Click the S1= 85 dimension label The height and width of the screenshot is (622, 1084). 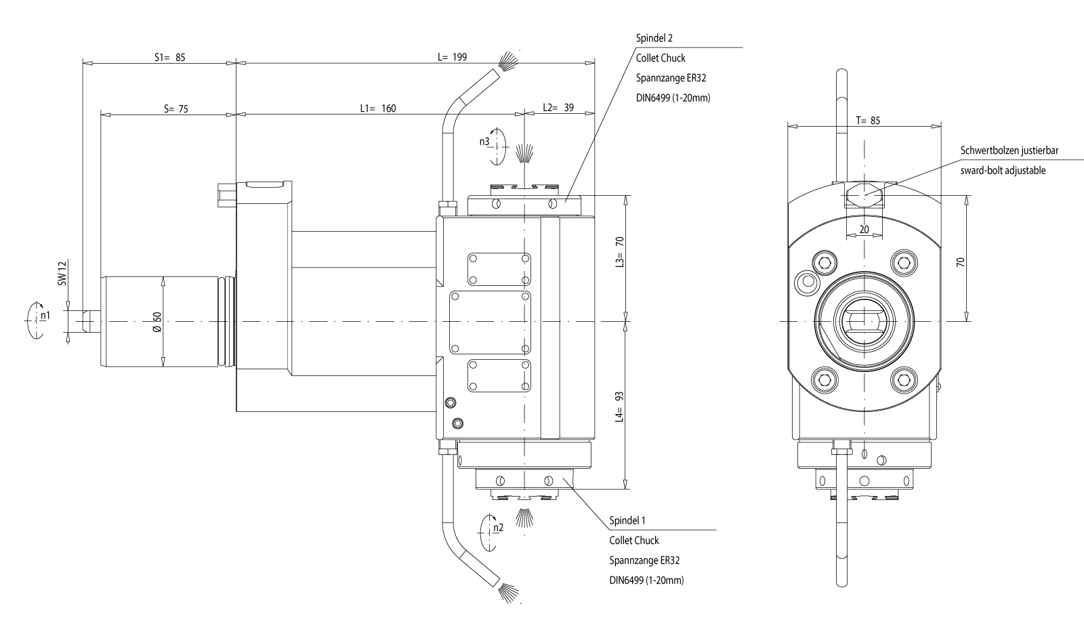(x=169, y=58)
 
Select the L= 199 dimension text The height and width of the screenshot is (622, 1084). (x=452, y=57)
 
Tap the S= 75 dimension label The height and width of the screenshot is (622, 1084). (x=176, y=108)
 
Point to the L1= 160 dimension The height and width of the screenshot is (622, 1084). (x=378, y=108)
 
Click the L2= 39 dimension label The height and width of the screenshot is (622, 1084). (x=558, y=108)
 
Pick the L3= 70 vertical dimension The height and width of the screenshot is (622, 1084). (x=619, y=252)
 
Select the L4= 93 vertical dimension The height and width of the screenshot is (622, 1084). (x=619, y=406)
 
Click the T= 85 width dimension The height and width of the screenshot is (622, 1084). (x=868, y=121)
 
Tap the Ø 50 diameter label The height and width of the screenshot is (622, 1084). (x=157, y=321)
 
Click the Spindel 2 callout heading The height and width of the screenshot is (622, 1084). (x=654, y=39)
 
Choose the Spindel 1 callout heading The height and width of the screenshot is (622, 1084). (x=627, y=520)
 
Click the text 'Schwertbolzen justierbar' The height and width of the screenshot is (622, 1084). (x=1009, y=150)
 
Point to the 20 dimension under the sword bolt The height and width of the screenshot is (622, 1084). (x=864, y=230)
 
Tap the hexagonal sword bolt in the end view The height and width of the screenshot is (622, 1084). (x=864, y=196)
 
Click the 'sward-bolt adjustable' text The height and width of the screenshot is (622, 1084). (x=1003, y=170)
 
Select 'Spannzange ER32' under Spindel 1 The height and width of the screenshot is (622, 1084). (x=644, y=560)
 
